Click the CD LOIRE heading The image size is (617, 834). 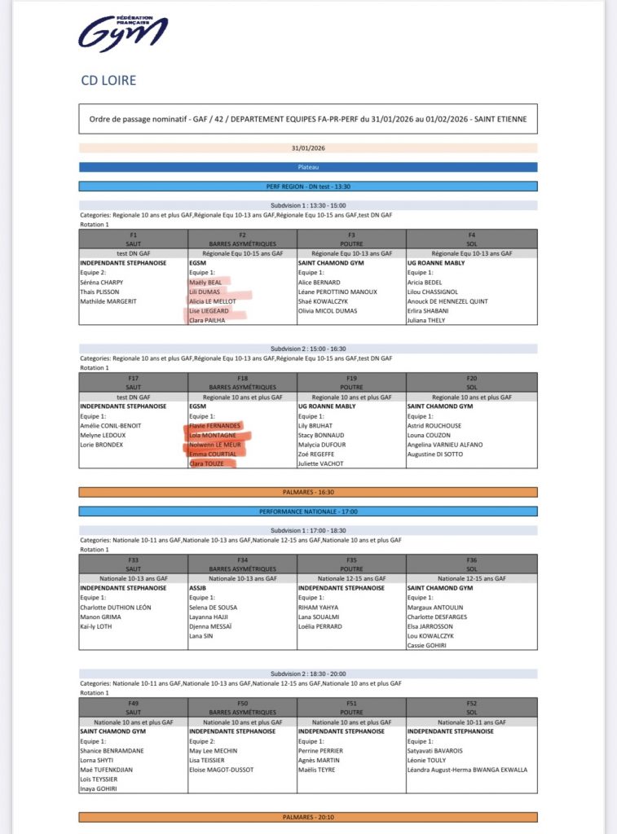[x=108, y=81]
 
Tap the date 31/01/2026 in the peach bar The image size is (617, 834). [x=308, y=148]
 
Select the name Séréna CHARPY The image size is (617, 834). [x=102, y=282]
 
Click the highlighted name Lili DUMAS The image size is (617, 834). [x=205, y=292]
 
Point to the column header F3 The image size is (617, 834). [x=350, y=235]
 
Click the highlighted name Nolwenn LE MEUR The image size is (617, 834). [x=216, y=445]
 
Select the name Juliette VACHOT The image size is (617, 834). [x=322, y=463]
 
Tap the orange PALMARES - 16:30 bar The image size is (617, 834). [x=308, y=492]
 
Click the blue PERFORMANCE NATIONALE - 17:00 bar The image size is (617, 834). [x=308, y=511]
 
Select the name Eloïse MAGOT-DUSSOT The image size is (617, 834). [x=222, y=770]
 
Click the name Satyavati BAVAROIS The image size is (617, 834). [x=436, y=751]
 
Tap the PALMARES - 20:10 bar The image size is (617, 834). [x=308, y=817]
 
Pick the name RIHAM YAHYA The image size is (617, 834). [x=322, y=607]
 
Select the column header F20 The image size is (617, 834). [x=472, y=378]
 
